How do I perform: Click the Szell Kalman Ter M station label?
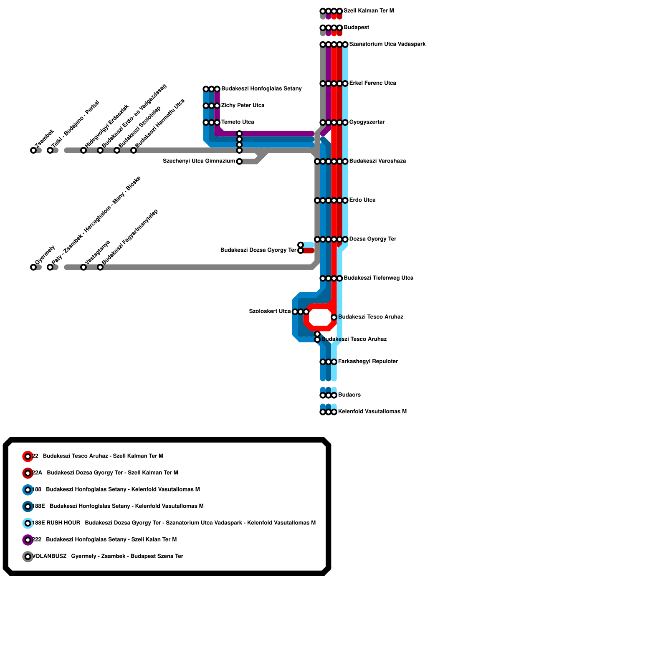(369, 11)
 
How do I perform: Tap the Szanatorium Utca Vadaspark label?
(387, 44)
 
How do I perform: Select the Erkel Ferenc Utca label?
(372, 83)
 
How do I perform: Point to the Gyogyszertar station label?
(367, 122)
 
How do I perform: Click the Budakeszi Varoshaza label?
(377, 161)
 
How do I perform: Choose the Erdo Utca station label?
(362, 200)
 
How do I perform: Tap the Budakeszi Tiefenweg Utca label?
(378, 278)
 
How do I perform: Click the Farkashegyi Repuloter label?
(368, 362)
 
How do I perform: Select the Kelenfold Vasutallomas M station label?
(372, 412)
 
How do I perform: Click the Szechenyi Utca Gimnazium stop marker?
(239, 162)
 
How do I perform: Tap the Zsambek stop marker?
(33, 150)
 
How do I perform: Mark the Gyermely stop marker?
(33, 267)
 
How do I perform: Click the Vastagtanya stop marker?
(83, 267)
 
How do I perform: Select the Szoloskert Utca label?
(270, 311)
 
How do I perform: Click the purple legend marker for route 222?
(28, 540)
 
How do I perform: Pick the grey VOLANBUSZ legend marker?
(28, 557)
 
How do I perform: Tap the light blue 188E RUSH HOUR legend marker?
(28, 523)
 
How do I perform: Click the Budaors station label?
(349, 395)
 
